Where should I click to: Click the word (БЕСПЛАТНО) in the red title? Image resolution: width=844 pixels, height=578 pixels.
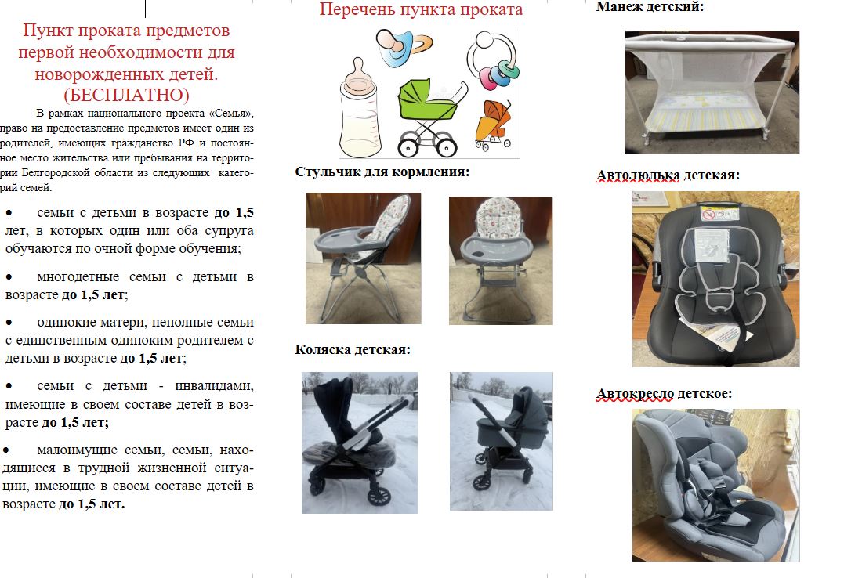[x=126, y=95]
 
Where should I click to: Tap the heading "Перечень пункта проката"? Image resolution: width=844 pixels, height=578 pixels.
[x=421, y=9]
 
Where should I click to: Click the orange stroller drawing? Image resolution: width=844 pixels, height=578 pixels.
[x=492, y=125]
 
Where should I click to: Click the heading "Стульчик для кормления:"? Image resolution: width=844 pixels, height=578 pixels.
[x=382, y=172]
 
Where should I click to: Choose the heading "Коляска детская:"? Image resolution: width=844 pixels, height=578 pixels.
[x=353, y=350]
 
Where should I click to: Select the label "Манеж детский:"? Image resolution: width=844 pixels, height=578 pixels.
[x=650, y=7]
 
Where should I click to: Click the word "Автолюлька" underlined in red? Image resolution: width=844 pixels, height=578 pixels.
[x=638, y=175]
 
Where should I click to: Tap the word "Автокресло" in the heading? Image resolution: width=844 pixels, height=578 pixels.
[x=635, y=394]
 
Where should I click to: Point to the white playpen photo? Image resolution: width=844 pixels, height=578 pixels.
[x=712, y=92]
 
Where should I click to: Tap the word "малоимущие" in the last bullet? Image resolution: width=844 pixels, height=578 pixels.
[x=76, y=450]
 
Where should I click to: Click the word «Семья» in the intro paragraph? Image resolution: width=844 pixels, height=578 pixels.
[x=230, y=114]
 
